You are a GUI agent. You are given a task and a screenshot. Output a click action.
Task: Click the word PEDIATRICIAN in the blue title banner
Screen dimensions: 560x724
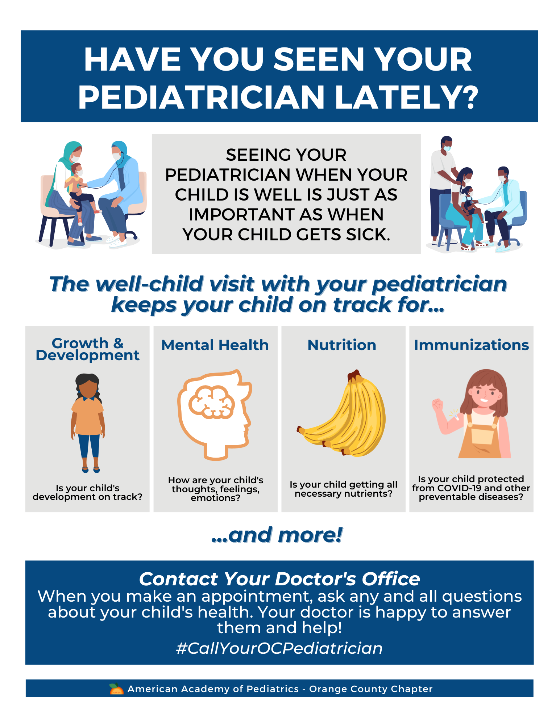click(x=201, y=97)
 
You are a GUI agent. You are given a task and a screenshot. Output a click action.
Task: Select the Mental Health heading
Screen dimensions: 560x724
click(x=215, y=345)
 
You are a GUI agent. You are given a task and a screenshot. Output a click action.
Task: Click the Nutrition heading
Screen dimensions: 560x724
click(x=342, y=345)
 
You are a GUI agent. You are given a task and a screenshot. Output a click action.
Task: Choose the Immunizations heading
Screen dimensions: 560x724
click(x=471, y=345)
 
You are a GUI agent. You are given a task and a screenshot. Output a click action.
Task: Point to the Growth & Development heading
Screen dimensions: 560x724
click(x=87, y=349)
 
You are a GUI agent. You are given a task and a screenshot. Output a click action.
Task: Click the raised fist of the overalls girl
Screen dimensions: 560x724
click(x=437, y=404)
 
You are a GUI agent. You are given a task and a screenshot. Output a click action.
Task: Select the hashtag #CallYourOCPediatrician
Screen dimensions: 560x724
click(x=279, y=648)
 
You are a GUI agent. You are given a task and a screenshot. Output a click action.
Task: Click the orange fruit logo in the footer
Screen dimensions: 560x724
click(x=116, y=689)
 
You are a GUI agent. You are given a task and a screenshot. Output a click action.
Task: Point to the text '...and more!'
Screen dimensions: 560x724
click(x=277, y=535)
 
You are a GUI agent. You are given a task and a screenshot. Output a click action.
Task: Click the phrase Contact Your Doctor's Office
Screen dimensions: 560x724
click(x=279, y=579)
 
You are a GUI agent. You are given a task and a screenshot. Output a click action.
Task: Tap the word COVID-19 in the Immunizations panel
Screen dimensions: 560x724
click(x=459, y=488)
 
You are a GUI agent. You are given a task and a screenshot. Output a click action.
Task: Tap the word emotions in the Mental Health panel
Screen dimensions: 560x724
click(x=215, y=498)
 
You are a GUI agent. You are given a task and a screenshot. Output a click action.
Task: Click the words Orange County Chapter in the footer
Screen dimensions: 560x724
click(x=371, y=689)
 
